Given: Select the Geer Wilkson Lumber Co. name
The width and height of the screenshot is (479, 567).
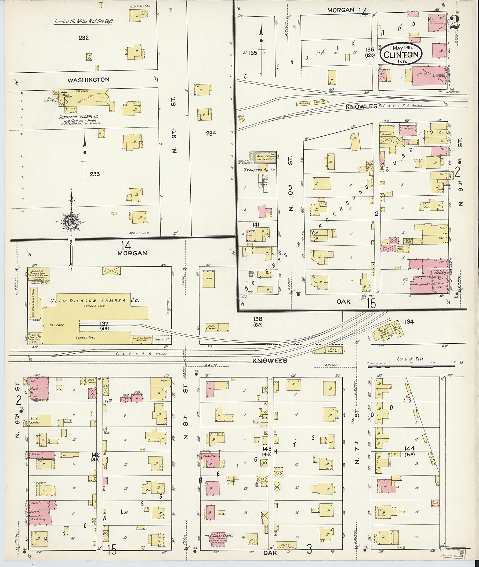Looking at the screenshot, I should [x=95, y=300].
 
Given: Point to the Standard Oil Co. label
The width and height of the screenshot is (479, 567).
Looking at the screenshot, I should [x=260, y=170].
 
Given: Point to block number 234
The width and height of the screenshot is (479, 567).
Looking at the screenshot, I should [x=211, y=133].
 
